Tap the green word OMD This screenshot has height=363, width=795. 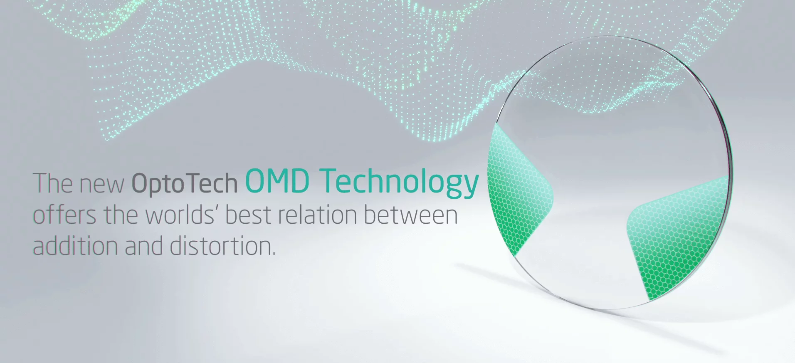point(277,181)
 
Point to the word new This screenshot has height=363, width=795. point(102,185)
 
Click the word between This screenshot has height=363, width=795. point(410,215)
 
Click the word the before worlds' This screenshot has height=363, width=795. point(121,215)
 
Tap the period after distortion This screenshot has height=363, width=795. point(274,253)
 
